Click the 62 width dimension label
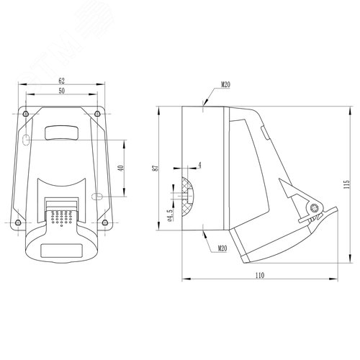[x=62, y=81]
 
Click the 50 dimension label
[x=62, y=91]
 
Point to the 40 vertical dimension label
[x=121, y=168]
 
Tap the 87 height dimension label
[x=157, y=168]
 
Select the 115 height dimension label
[x=346, y=184]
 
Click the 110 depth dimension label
[x=260, y=275]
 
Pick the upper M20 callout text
[x=225, y=84]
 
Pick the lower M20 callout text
[x=222, y=248]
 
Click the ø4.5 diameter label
[x=170, y=215]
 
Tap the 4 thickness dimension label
[x=199, y=166]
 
